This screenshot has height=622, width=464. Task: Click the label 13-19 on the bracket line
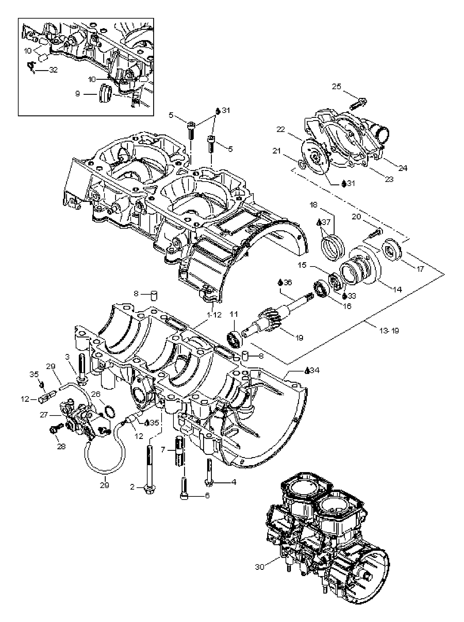(x=389, y=330)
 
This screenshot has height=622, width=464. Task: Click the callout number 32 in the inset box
(x=53, y=70)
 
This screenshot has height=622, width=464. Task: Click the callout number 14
(x=397, y=289)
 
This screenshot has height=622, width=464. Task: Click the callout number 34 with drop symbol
(x=315, y=370)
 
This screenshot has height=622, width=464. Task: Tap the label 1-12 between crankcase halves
(x=214, y=315)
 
